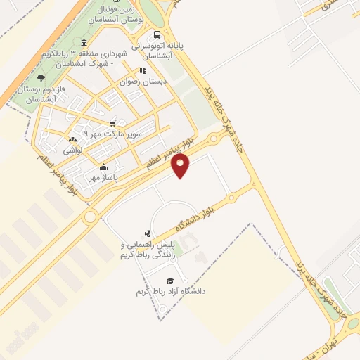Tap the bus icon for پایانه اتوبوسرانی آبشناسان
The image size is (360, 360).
pyautogui.click(x=156, y=34)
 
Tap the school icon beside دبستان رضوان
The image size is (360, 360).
pyautogui.click(x=143, y=70)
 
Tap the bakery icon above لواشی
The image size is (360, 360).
pyautogui.click(x=72, y=139)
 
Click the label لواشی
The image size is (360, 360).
pyautogui.click(x=72, y=150)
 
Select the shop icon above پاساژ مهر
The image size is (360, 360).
pyautogui.click(x=104, y=167)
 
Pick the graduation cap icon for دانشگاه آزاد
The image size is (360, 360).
pyautogui.click(x=169, y=280)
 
